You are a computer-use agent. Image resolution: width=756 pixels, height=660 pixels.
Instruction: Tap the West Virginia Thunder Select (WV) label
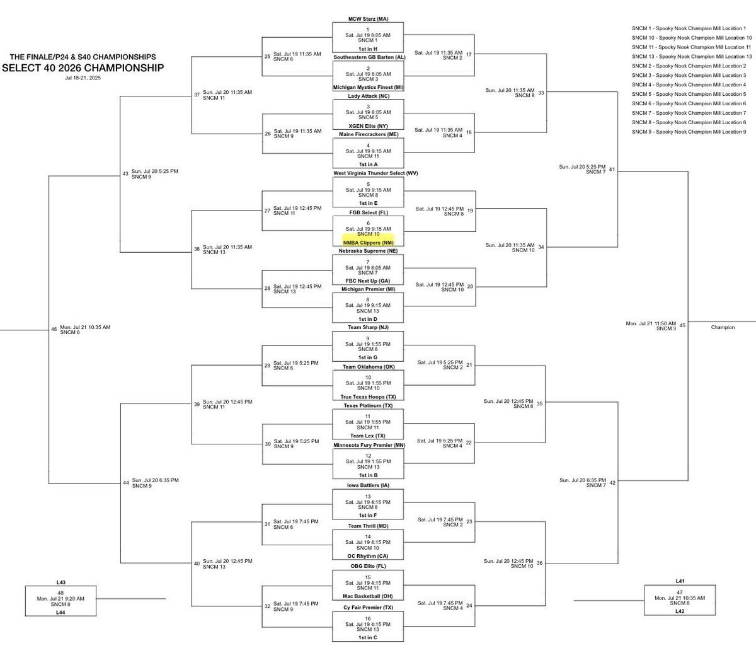pos(368,173)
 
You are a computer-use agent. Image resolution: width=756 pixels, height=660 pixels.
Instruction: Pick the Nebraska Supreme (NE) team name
pos(368,250)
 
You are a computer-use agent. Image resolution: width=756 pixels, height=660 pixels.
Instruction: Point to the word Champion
pos(723,327)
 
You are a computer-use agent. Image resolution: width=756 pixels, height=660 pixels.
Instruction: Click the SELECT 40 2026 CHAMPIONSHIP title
pos(84,67)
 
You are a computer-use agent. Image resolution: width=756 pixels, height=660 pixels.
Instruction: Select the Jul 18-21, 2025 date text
pos(82,78)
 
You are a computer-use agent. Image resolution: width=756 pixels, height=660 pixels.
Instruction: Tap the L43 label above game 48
pos(60,582)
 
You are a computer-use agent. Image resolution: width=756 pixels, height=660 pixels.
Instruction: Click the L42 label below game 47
pos(678,611)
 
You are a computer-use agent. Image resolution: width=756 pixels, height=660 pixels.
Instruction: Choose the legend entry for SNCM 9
pos(688,131)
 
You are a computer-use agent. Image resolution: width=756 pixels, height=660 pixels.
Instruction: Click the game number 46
pos(54,328)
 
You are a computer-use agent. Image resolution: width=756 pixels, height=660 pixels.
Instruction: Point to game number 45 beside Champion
pos(682,325)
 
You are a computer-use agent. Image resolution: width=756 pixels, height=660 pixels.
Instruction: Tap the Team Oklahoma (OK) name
pos(368,366)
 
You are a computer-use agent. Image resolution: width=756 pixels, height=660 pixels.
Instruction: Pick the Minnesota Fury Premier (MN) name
pos(368,445)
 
